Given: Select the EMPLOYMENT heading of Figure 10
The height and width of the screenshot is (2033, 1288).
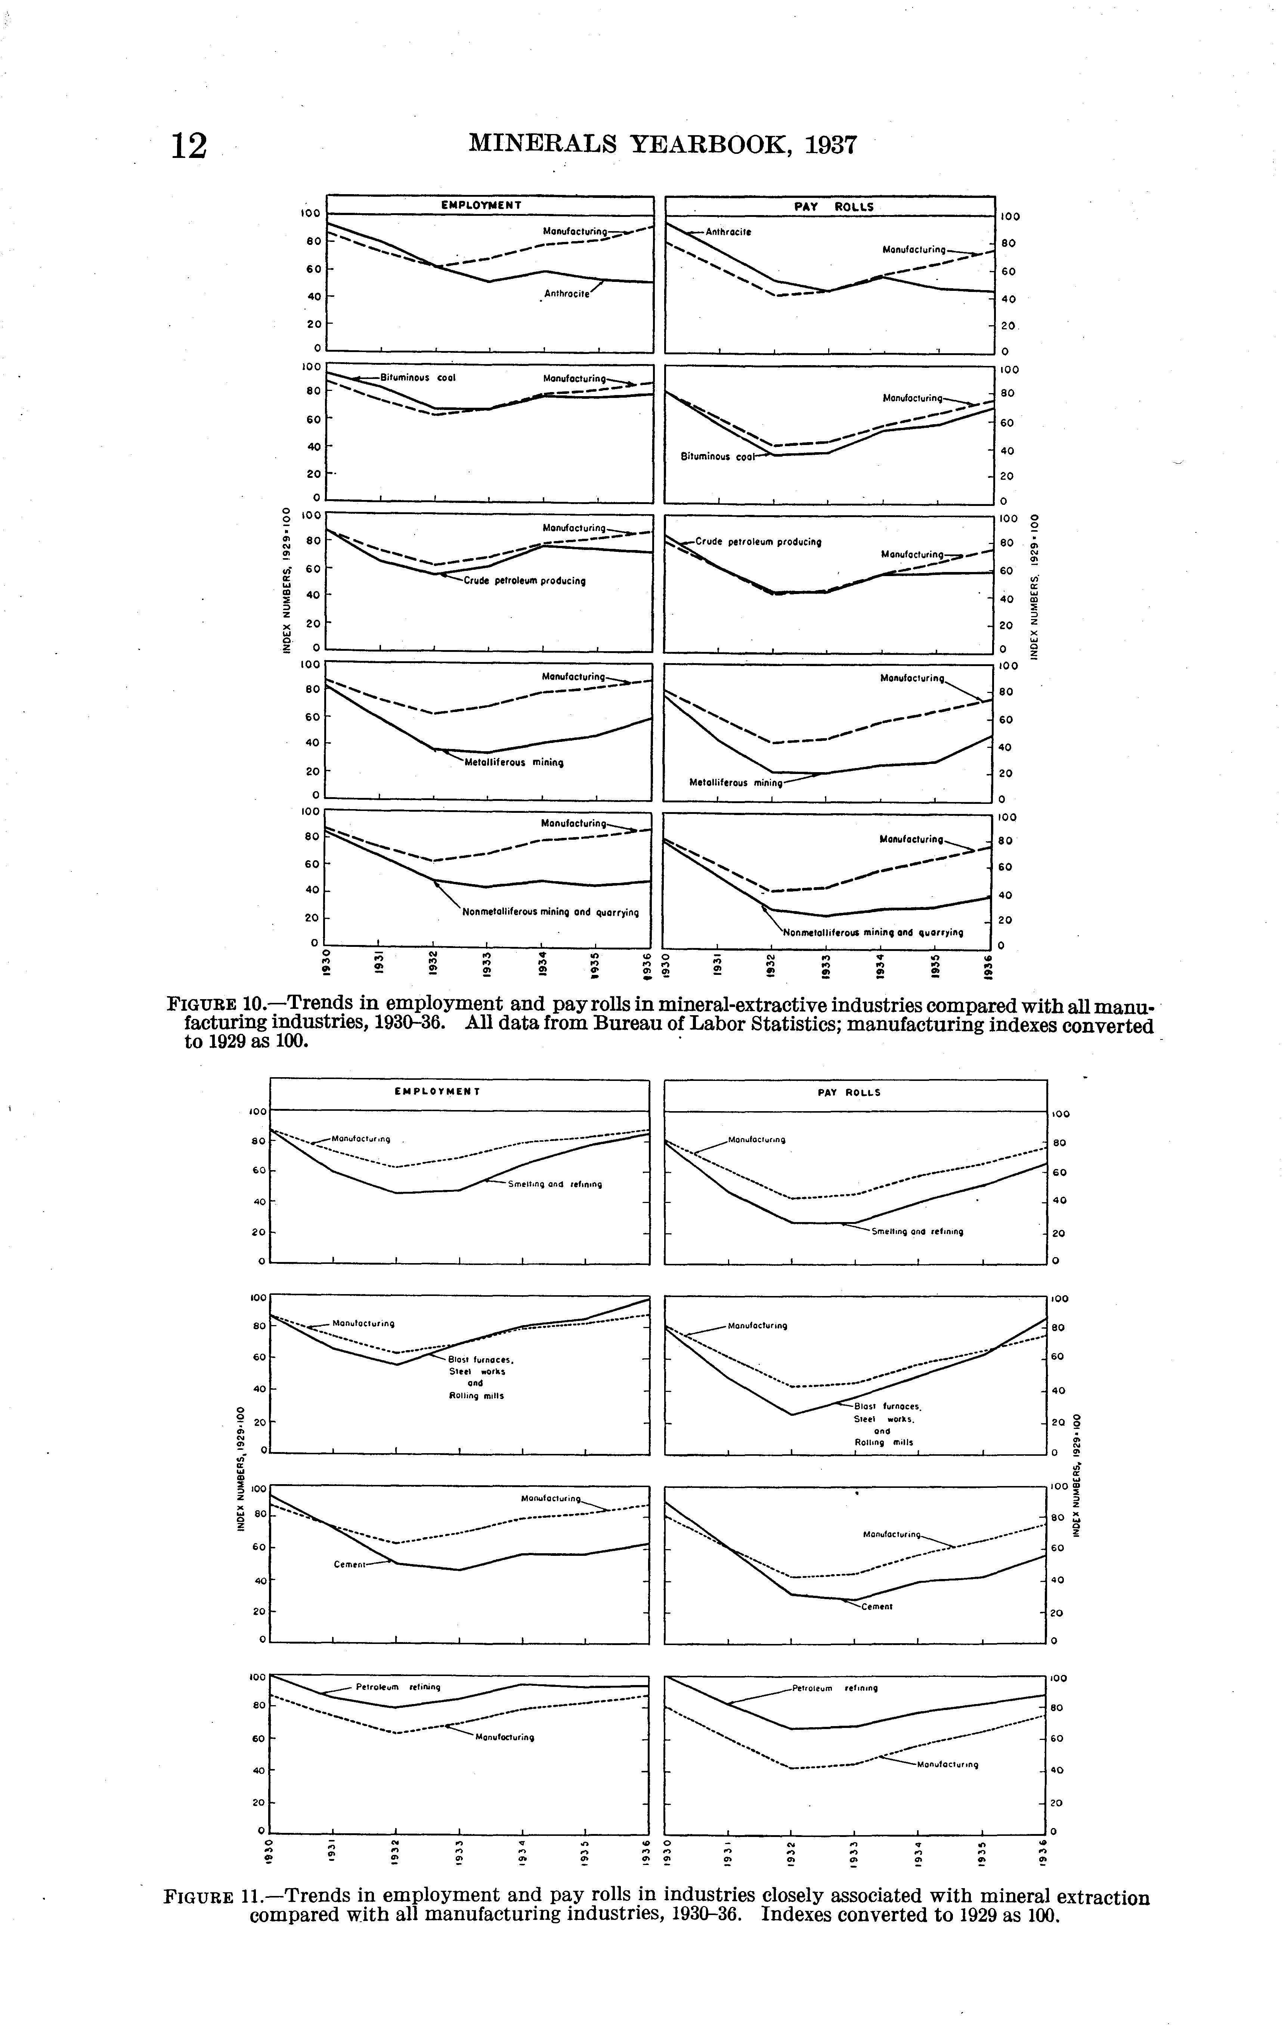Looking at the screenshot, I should pos(482,205).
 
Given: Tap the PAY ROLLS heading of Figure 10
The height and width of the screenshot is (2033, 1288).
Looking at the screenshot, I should pos(834,207).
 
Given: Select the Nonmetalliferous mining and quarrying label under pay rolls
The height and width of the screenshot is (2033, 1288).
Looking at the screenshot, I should pos(873,933).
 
